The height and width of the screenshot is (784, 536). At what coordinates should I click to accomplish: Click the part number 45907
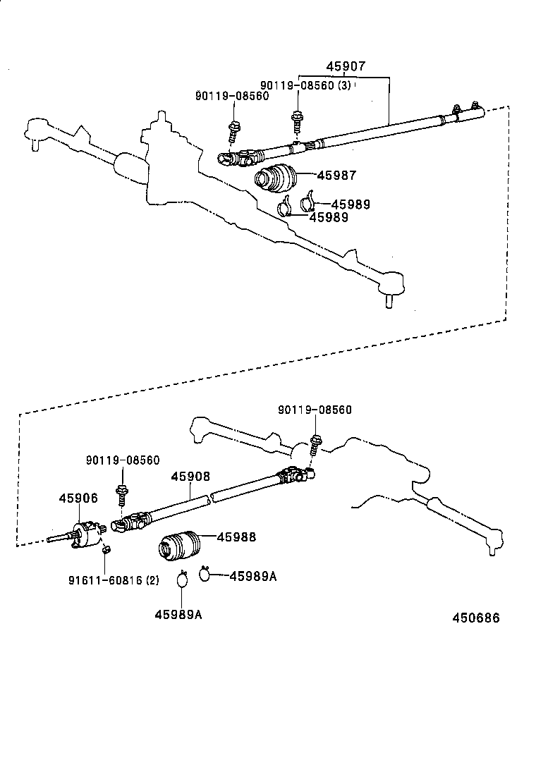click(346, 67)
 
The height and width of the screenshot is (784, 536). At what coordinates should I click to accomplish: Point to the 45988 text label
click(236, 537)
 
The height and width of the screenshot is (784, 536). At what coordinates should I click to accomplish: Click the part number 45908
click(190, 477)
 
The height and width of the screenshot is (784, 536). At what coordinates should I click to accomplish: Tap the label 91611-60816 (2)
click(114, 580)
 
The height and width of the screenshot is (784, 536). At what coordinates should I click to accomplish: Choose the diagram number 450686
click(476, 618)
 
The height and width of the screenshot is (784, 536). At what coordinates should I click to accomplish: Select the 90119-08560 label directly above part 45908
click(123, 460)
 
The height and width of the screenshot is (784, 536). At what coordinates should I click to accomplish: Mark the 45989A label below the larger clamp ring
click(178, 614)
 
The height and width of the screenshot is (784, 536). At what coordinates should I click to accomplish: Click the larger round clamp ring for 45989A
click(183, 580)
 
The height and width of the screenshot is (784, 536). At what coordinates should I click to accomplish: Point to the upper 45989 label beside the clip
click(351, 204)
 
